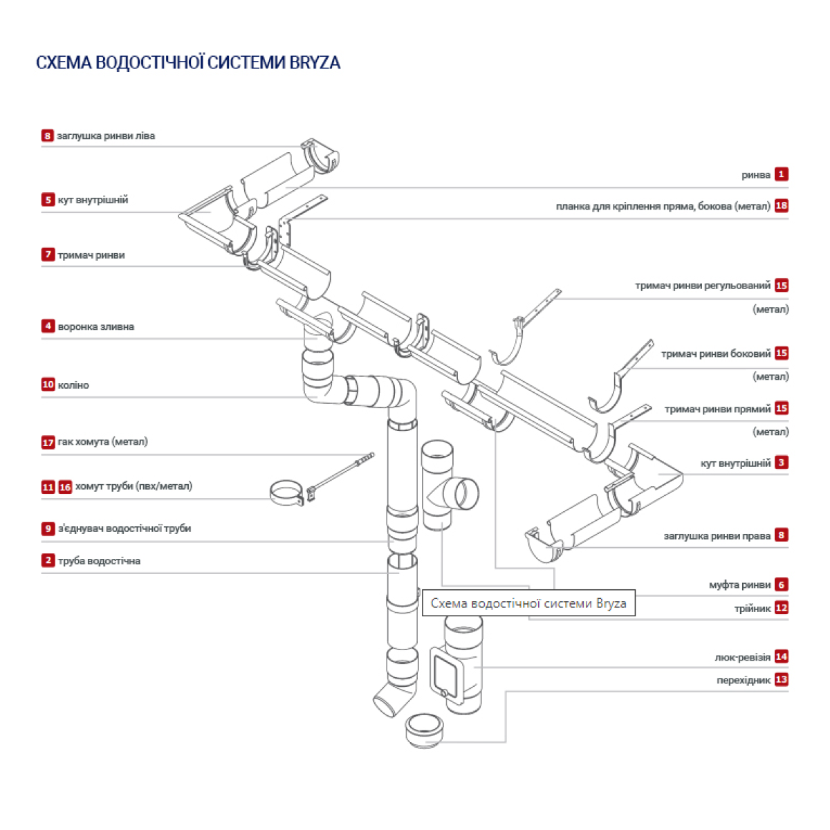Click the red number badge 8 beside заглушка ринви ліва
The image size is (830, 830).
click(x=47, y=136)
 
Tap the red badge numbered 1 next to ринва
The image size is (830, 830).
click(x=781, y=174)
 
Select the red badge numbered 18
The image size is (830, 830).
click(x=781, y=205)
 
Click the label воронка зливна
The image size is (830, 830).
click(x=95, y=326)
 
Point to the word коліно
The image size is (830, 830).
click(x=73, y=385)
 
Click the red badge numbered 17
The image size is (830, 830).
click(x=48, y=442)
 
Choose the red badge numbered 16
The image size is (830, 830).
click(x=65, y=487)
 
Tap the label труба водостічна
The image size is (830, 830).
click(x=99, y=561)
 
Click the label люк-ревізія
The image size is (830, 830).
click(x=742, y=657)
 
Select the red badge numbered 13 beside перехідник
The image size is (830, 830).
click(x=781, y=680)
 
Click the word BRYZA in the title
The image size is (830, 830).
click(x=315, y=62)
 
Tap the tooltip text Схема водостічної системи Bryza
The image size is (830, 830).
click(x=528, y=604)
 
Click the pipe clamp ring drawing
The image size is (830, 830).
click(x=286, y=494)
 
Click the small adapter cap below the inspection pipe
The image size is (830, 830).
click(x=424, y=730)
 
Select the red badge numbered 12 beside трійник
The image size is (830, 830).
click(x=781, y=608)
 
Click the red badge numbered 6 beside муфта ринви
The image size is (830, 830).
click(x=781, y=584)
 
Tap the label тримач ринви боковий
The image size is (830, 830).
click(x=715, y=354)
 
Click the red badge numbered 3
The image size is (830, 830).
click(x=781, y=463)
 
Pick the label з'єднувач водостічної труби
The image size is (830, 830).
click(x=124, y=528)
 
